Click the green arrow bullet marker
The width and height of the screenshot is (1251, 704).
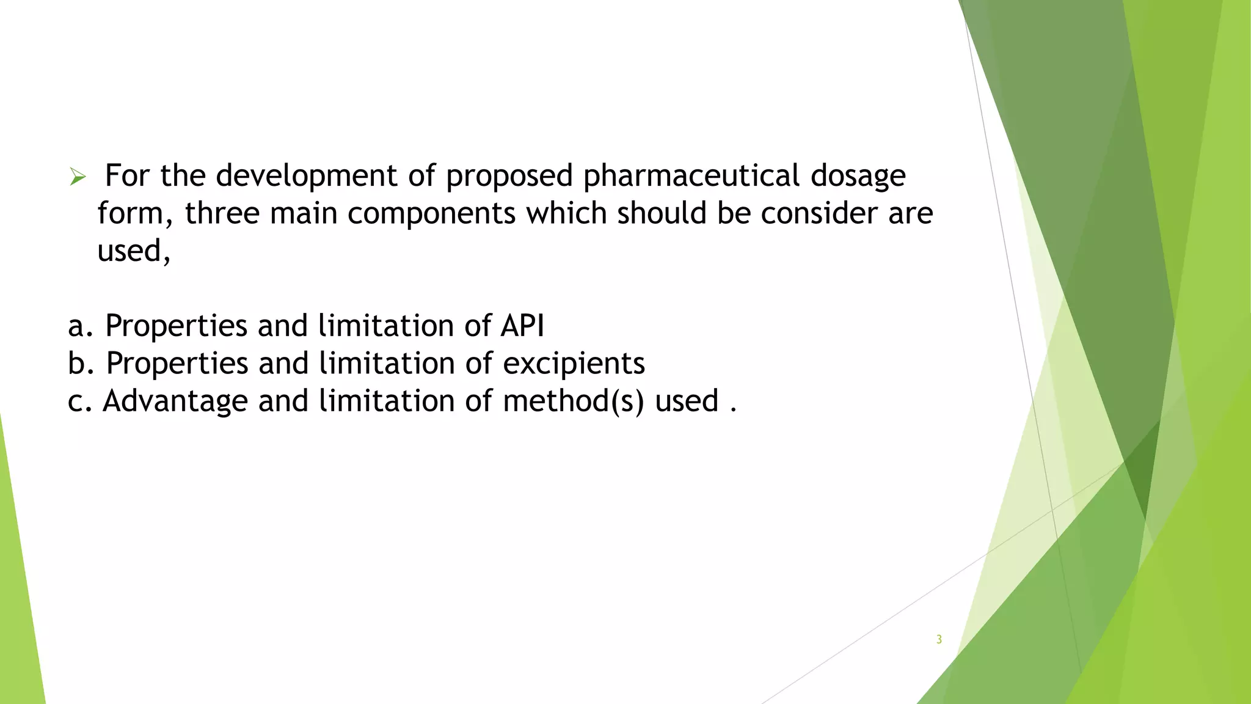[78, 177]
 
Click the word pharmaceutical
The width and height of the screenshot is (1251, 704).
[691, 176]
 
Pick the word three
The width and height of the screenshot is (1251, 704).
[222, 213]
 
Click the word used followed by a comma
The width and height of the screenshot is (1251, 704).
[133, 251]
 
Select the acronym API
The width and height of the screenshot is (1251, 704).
[522, 325]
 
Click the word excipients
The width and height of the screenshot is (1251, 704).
[574, 364]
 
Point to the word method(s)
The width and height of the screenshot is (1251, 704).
[573, 402]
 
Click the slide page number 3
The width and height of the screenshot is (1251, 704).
[939, 640]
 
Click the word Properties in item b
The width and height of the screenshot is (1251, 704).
[177, 364]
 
